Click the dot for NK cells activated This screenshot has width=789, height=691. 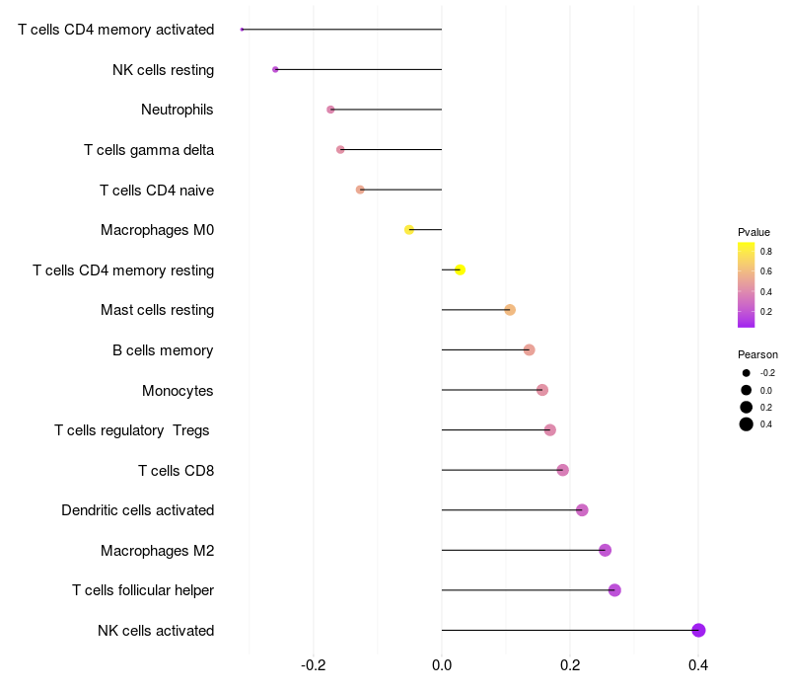pyautogui.click(x=698, y=630)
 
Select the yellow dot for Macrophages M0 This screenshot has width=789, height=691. pyautogui.click(x=409, y=230)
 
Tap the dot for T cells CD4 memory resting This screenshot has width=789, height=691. pyautogui.click(x=460, y=269)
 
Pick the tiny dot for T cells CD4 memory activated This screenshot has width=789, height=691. pyautogui.click(x=242, y=30)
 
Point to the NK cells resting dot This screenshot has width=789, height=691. pyautogui.click(x=275, y=69)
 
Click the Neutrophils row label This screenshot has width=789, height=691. pyautogui.click(x=178, y=110)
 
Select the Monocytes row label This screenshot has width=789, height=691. pyautogui.click(x=178, y=390)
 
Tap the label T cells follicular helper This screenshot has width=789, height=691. pyautogui.click(x=143, y=589)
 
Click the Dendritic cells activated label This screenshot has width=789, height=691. pyautogui.click(x=138, y=510)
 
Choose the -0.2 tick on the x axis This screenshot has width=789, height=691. pyautogui.click(x=313, y=665)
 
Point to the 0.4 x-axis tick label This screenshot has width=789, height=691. pyautogui.click(x=698, y=665)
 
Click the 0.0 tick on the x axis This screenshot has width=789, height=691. pyautogui.click(x=442, y=665)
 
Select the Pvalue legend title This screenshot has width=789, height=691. pyautogui.click(x=753, y=232)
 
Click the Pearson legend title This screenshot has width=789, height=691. pyautogui.click(x=757, y=354)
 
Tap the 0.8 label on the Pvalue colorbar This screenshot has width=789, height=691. pyautogui.click(x=766, y=252)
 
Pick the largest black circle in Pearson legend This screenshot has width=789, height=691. pyautogui.click(x=747, y=424)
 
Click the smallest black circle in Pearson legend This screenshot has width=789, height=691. pyautogui.click(x=747, y=373)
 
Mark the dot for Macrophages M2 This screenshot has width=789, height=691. pyautogui.click(x=605, y=550)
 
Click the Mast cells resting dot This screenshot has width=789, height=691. pyautogui.click(x=510, y=310)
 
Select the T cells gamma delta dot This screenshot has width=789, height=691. pyautogui.click(x=340, y=150)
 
